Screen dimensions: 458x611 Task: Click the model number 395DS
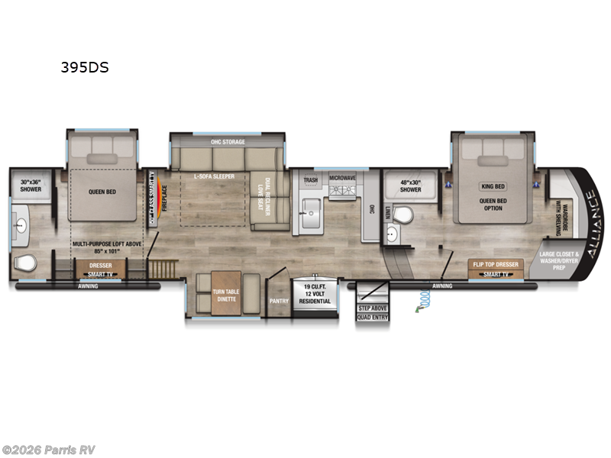[85, 67]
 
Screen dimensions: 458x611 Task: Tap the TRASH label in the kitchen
[310, 181]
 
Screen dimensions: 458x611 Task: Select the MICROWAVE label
[343, 177]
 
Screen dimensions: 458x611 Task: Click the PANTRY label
[278, 301]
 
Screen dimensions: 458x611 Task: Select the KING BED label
[493, 186]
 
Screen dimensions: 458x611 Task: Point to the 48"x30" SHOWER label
[410, 185]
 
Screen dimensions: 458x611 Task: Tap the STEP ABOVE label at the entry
[372, 308]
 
